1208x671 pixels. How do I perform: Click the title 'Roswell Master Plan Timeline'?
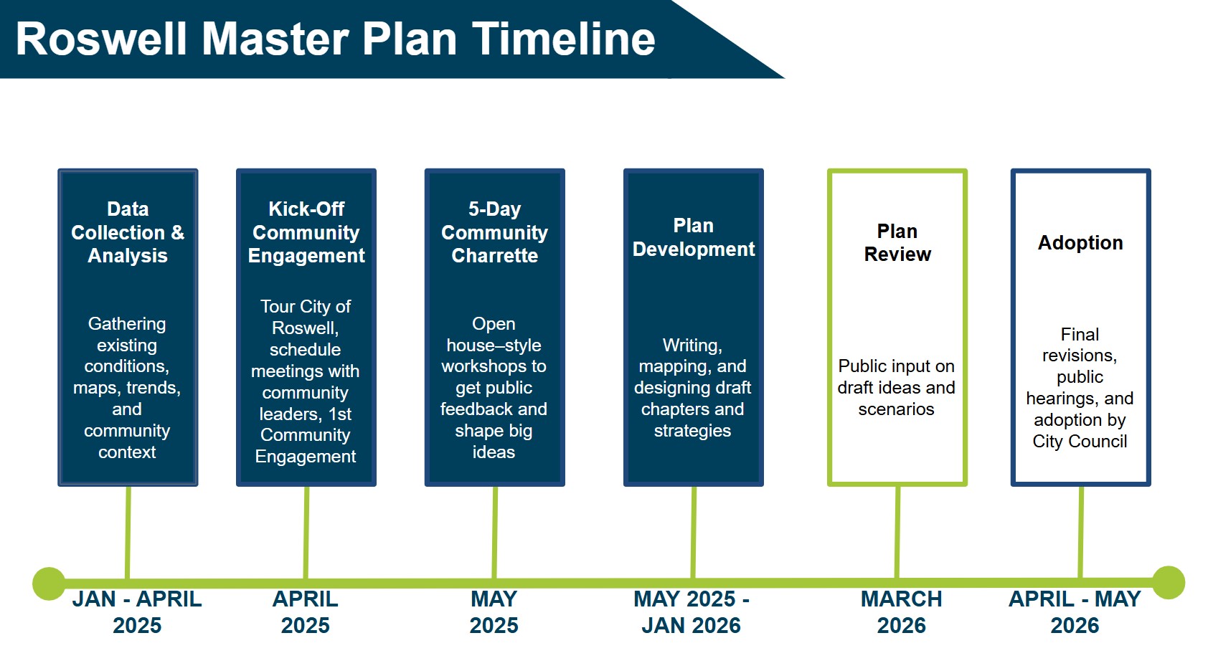pyautogui.click(x=335, y=39)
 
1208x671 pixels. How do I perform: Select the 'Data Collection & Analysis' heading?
pyautogui.click(x=128, y=232)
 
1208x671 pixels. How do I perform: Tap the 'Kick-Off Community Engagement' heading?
pyautogui.click(x=306, y=232)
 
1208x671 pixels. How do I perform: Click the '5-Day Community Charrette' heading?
pyautogui.click(x=494, y=232)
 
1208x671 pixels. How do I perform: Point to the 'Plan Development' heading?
pyautogui.click(x=694, y=237)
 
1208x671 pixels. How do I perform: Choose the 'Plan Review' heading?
pyautogui.click(x=897, y=242)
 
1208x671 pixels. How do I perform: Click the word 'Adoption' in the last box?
pyautogui.click(x=1080, y=243)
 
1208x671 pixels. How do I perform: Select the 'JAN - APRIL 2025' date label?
pyautogui.click(x=137, y=611)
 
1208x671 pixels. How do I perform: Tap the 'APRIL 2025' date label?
pyautogui.click(x=306, y=611)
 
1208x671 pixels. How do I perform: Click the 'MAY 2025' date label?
pyautogui.click(x=494, y=611)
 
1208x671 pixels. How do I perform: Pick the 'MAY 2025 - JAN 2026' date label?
pyautogui.click(x=692, y=611)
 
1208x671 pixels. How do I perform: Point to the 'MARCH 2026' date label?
pyautogui.click(x=902, y=611)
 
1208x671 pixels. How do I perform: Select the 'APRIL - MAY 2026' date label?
pyautogui.click(x=1075, y=611)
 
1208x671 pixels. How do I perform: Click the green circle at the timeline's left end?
pyautogui.click(x=49, y=584)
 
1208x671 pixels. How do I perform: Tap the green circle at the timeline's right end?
pyautogui.click(x=1168, y=582)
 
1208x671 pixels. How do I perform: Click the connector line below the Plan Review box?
pyautogui.click(x=897, y=530)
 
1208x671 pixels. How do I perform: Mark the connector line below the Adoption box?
pyautogui.click(x=1081, y=530)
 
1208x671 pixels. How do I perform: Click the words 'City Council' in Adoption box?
pyautogui.click(x=1080, y=442)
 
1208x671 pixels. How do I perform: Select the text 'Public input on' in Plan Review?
pyautogui.click(x=896, y=366)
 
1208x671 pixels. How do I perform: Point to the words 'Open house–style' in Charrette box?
pyautogui.click(x=494, y=335)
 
